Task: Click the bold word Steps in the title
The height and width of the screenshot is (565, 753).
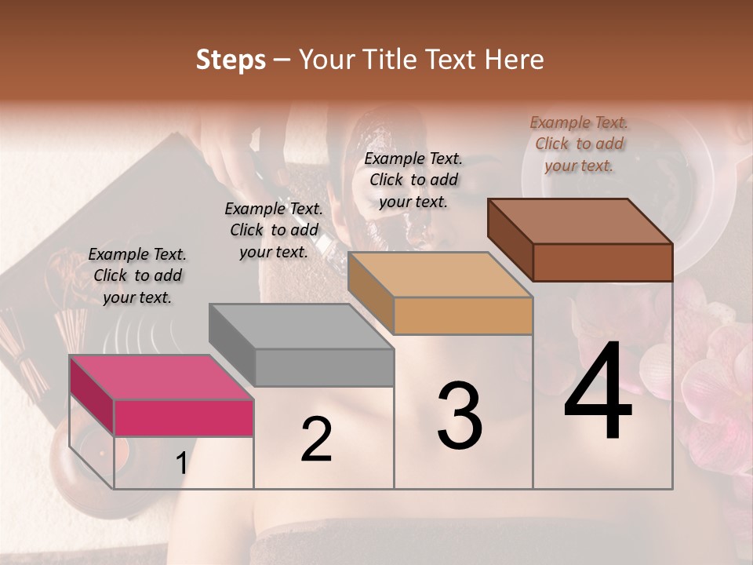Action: click(231, 60)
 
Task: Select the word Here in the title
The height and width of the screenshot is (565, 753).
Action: click(513, 60)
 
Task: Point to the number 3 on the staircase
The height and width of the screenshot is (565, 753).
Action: click(459, 415)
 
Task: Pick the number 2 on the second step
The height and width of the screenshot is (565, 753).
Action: click(316, 439)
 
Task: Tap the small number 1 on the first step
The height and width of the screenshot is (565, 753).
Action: click(182, 464)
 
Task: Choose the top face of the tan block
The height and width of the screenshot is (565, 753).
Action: click(439, 275)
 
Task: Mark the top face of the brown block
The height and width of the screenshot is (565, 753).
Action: click(580, 221)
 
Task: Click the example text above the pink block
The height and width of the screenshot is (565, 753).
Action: click(137, 275)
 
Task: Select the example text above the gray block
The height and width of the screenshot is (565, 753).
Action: click(274, 230)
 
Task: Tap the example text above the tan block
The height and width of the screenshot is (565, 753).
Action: click(413, 180)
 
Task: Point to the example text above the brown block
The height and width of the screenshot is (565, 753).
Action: click(579, 144)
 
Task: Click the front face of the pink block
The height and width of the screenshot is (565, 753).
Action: click(184, 417)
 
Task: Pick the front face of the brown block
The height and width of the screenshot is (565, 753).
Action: click(602, 262)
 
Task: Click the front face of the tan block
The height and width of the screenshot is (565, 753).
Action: click(463, 316)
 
